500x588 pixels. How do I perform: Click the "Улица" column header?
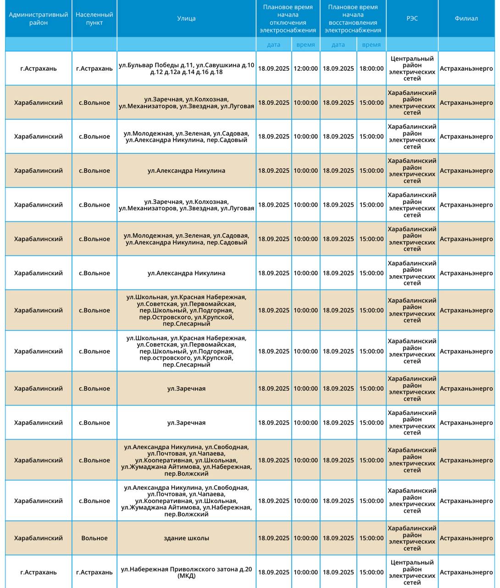(x=186, y=18)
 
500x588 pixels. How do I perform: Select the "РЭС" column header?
(x=412, y=18)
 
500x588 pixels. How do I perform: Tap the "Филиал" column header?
(x=466, y=18)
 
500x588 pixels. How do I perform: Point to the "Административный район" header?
(x=39, y=19)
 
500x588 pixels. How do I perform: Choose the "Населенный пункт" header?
(x=94, y=19)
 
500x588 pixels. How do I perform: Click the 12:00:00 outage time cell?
(x=306, y=68)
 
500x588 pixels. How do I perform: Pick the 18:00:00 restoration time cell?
(x=371, y=68)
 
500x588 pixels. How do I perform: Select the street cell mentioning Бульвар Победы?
(x=186, y=68)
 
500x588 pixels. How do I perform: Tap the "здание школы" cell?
(x=186, y=538)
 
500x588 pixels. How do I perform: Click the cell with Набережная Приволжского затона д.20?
(x=186, y=572)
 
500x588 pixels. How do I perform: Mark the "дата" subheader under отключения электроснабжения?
(x=273, y=45)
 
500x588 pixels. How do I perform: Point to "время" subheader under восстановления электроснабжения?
(x=371, y=45)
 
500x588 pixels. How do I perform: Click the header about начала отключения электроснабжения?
(x=288, y=19)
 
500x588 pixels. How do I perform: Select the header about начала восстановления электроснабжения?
(x=353, y=19)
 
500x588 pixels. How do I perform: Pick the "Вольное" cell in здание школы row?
(x=94, y=538)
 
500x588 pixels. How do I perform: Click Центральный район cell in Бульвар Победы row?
(x=412, y=68)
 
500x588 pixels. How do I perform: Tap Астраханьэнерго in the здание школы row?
(x=466, y=538)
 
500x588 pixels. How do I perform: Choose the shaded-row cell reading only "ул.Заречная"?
(x=186, y=389)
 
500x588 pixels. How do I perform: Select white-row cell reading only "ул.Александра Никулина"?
(x=186, y=273)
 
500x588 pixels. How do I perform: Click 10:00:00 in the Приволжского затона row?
(x=306, y=572)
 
